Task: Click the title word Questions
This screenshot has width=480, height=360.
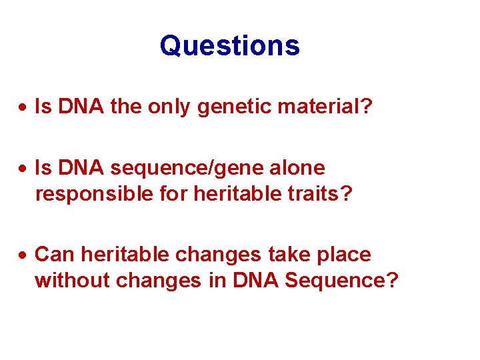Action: [230, 46]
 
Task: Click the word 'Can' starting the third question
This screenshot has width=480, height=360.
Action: [53, 254]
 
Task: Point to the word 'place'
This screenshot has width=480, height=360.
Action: [343, 254]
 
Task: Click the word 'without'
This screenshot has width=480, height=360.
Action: [72, 280]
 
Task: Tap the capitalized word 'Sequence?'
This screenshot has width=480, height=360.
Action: [341, 280]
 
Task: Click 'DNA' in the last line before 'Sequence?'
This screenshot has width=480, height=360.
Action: [257, 280]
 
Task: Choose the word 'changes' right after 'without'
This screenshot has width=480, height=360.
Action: [158, 280]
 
